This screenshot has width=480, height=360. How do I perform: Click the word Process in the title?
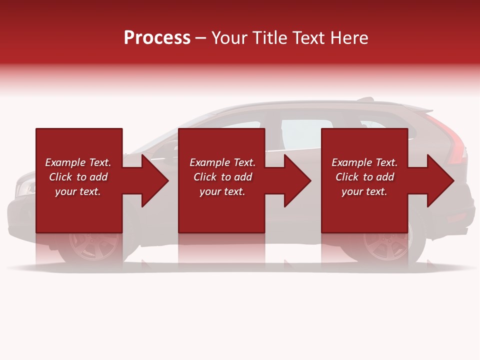click(x=157, y=38)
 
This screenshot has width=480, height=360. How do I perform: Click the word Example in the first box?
click(x=65, y=162)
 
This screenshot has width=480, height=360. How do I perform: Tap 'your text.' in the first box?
click(x=78, y=191)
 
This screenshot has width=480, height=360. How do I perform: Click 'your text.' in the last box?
click(x=364, y=191)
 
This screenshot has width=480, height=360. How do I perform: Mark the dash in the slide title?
click(x=201, y=38)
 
